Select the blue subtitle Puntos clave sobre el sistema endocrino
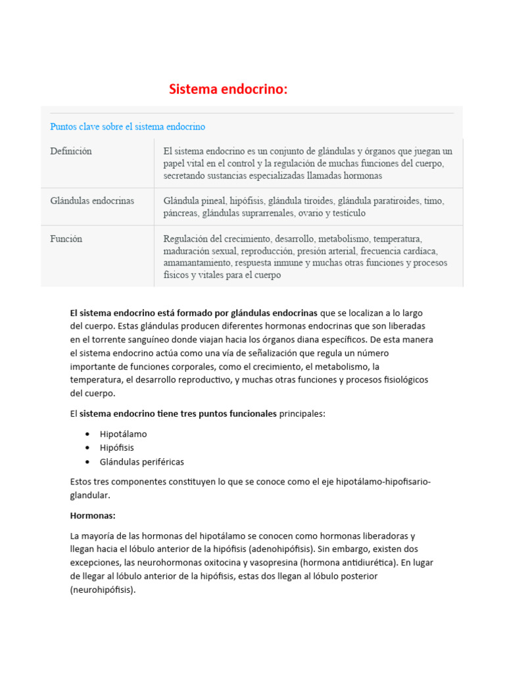point(128,126)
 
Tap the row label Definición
point(71,151)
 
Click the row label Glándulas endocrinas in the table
point(92,200)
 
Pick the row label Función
point(66,239)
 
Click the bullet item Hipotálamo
point(123,434)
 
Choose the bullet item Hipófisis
point(116,448)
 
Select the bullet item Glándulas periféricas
point(141,462)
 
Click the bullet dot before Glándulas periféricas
point(87,462)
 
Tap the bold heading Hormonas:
point(93,516)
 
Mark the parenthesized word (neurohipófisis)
point(103,590)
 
